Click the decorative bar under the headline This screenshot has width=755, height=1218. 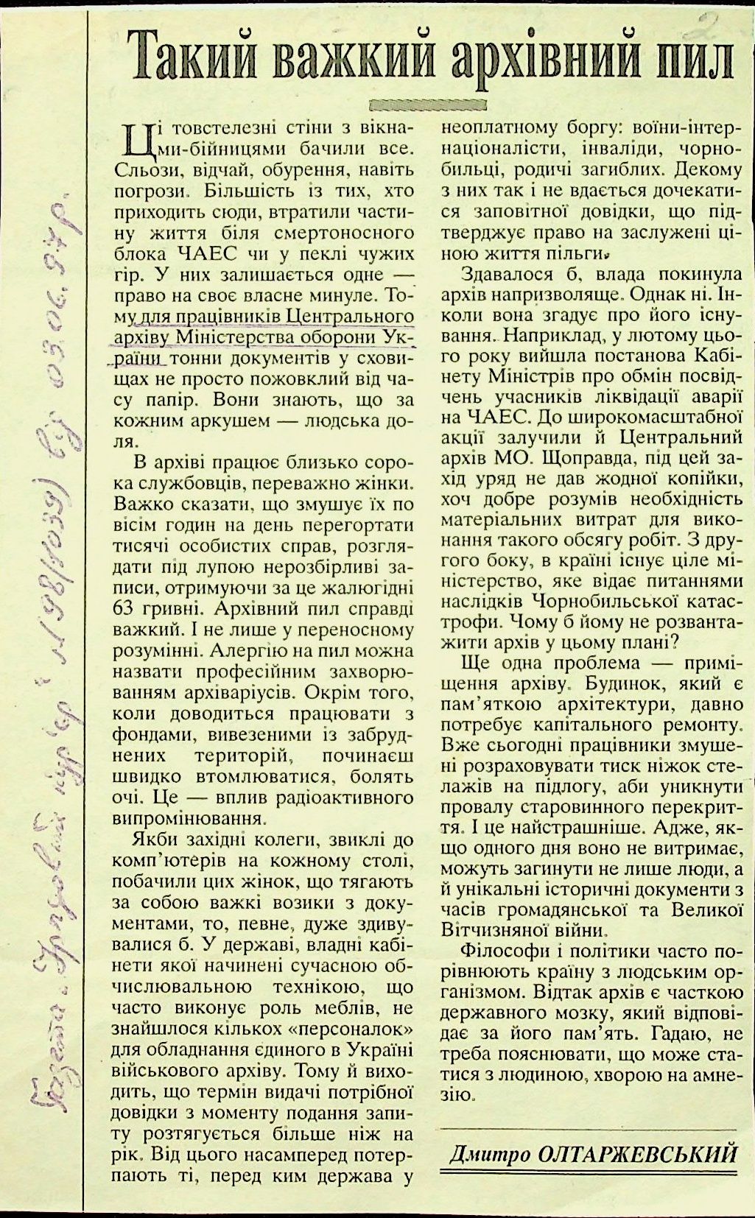(x=427, y=104)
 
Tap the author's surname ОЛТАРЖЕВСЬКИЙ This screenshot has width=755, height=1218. (x=638, y=1152)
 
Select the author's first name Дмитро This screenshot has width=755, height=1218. (x=489, y=1152)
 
